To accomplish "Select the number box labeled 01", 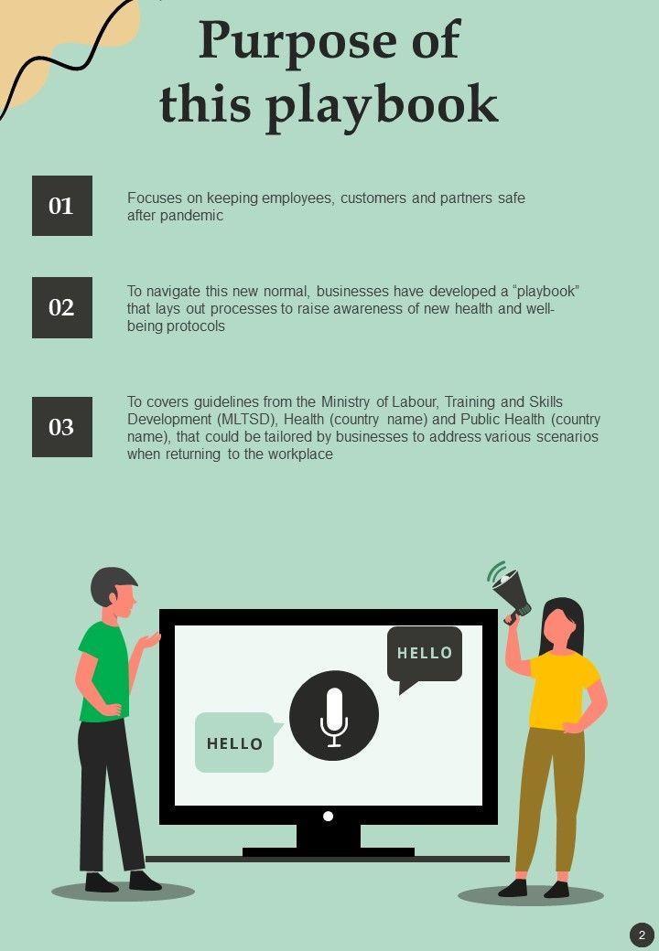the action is (x=62, y=206).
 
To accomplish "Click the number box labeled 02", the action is (x=62, y=307).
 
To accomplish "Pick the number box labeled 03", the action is (x=62, y=427).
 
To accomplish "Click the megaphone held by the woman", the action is (x=511, y=591).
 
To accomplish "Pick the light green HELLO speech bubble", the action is (x=237, y=743).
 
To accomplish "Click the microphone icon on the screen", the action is (x=334, y=716).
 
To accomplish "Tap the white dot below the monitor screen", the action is (x=329, y=816).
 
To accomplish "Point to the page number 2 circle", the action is (x=642, y=935).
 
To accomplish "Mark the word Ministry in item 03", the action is (x=345, y=402).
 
